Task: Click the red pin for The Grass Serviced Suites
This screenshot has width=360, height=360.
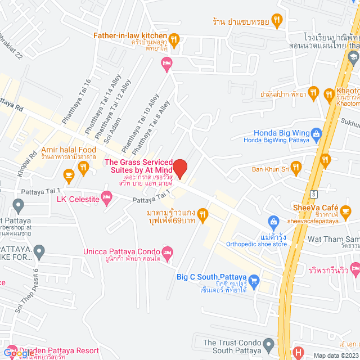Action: pyautogui.click(x=180, y=168)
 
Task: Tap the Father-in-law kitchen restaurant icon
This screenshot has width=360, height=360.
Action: pyautogui.click(x=174, y=39)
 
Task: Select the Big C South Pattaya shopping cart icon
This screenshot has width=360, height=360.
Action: pyautogui.click(x=254, y=280)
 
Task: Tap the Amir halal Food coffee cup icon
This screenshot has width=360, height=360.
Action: pyautogui.click(x=69, y=175)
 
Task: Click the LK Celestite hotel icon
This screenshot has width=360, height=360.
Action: pyautogui.click(x=107, y=199)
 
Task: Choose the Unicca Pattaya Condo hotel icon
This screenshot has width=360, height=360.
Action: pyautogui.click(x=166, y=251)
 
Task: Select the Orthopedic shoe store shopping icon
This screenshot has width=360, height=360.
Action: pyautogui.click(x=273, y=220)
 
